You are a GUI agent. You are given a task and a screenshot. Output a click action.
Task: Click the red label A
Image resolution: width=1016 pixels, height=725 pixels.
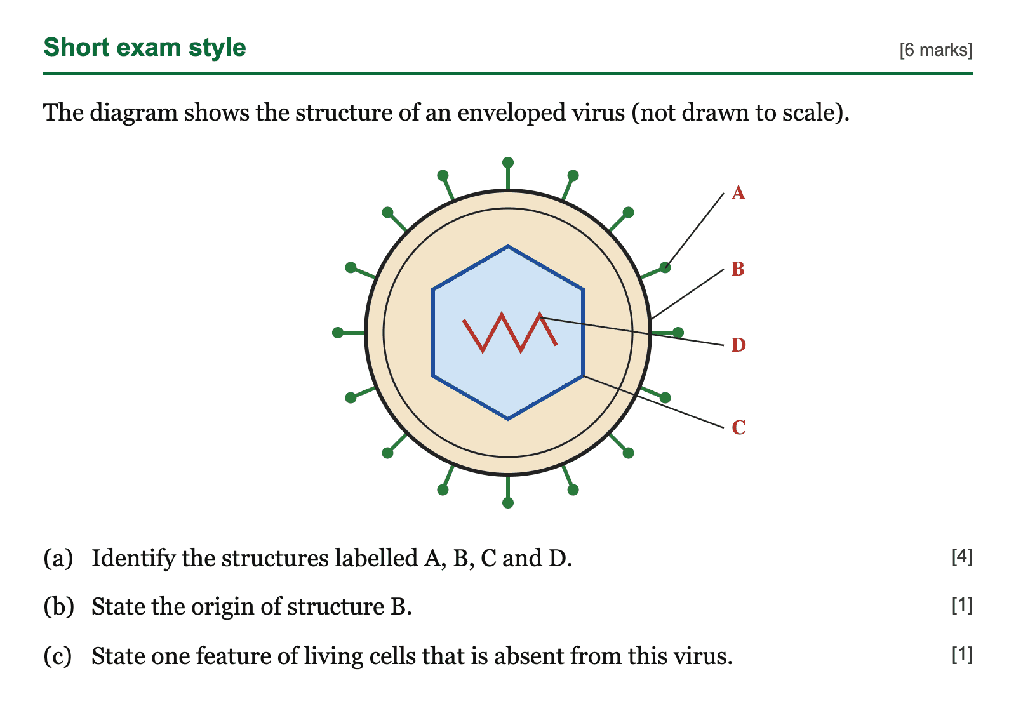coord(739,193)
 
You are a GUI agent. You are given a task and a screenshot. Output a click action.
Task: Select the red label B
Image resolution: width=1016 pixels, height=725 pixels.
coord(738,269)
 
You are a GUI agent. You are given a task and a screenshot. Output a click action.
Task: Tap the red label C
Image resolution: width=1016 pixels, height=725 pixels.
coord(739,427)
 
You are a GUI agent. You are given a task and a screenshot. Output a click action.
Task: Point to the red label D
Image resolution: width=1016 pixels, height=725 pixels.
coord(739,345)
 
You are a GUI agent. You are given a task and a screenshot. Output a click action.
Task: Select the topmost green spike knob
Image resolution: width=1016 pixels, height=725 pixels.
coord(508,163)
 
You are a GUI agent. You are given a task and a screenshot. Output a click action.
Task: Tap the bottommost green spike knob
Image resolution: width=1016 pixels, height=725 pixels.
coord(508,503)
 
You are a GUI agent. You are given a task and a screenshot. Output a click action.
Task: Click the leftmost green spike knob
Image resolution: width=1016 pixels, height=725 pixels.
coord(338,333)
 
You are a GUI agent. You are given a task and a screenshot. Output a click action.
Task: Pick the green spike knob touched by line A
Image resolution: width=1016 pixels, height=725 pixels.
coord(665,267)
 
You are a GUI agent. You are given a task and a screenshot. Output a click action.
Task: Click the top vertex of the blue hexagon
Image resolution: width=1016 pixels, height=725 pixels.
coord(508,246)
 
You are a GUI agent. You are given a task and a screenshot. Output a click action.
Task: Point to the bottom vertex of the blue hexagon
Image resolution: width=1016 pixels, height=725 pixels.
coord(508,419)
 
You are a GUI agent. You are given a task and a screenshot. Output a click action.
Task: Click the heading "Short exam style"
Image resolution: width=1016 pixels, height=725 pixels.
coord(145,48)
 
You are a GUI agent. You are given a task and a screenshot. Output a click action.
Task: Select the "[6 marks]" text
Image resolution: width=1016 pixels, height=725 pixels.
coord(936,50)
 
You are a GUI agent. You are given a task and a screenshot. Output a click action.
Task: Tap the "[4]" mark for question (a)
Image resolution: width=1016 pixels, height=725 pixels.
coord(962,557)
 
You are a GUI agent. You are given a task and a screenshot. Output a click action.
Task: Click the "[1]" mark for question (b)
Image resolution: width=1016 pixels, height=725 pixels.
coord(962,605)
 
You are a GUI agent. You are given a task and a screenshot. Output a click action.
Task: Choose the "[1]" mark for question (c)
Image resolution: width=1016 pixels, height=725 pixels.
coord(962,655)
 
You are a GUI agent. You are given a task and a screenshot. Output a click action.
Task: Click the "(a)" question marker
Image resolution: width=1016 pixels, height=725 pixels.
coord(58,558)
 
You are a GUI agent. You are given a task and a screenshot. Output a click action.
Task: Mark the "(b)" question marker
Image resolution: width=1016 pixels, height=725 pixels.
coord(58,607)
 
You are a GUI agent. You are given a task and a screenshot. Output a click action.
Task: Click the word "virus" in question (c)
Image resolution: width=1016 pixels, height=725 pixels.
coord(702,656)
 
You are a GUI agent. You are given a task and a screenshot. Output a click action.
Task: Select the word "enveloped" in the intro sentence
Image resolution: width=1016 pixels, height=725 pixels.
coord(511,113)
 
